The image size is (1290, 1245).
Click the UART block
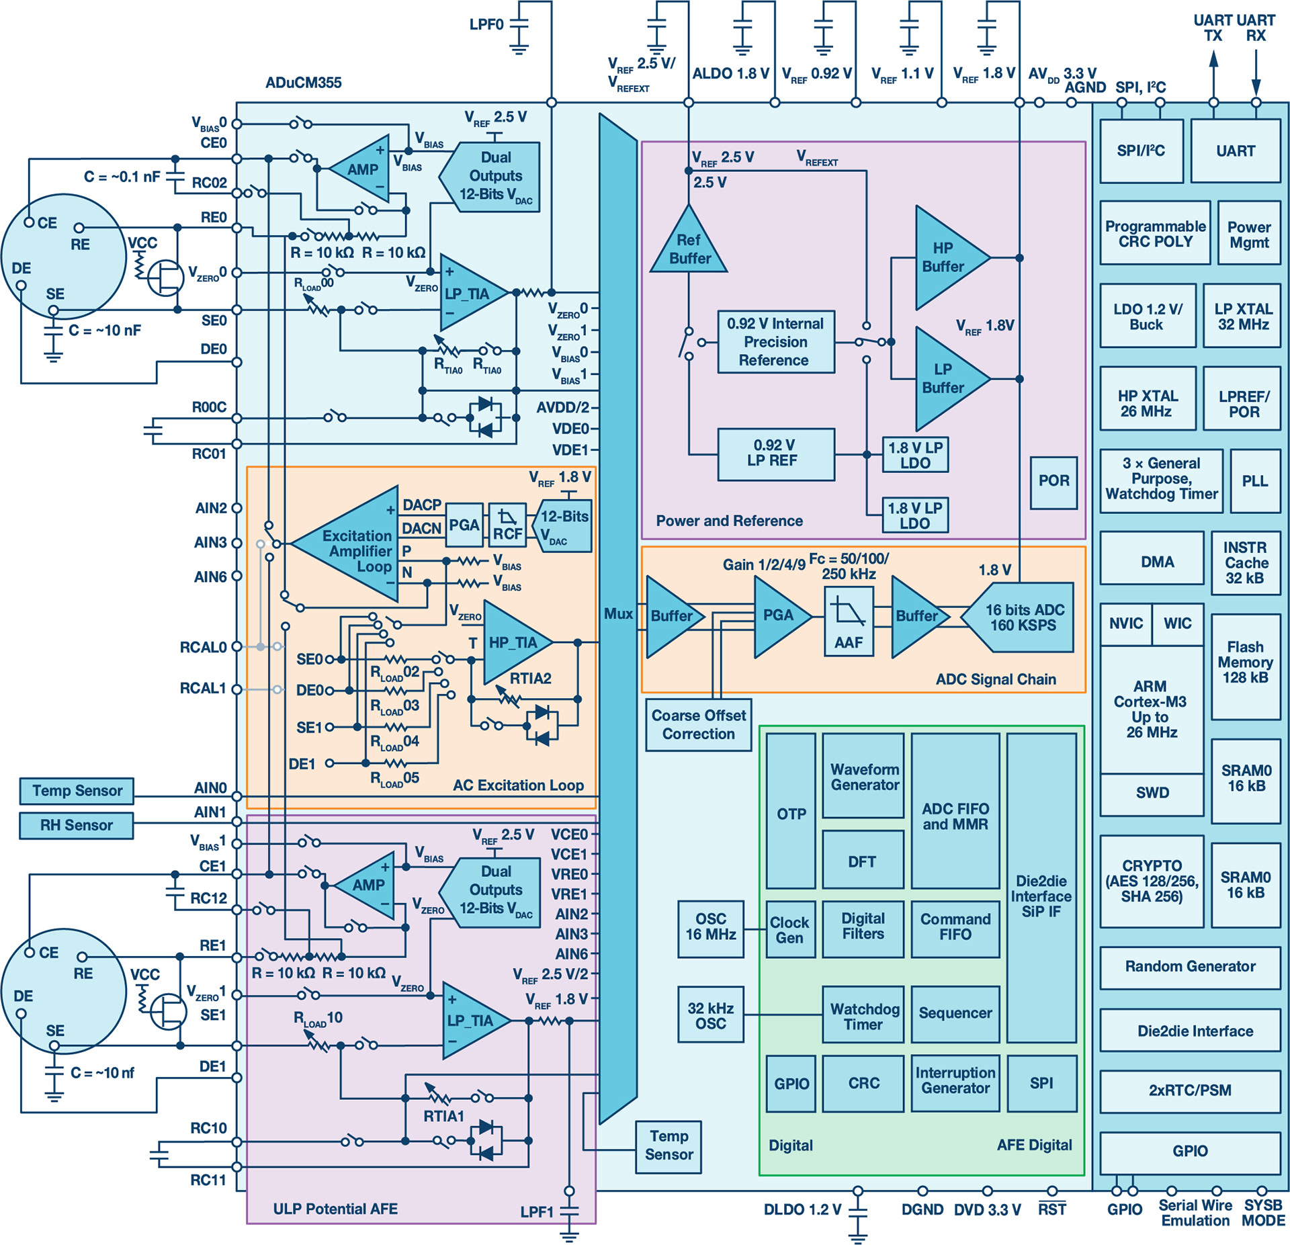click(1235, 151)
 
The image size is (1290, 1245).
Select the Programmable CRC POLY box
click(1155, 233)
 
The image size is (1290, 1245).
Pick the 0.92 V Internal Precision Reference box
click(775, 342)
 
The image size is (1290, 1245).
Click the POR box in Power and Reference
click(1053, 482)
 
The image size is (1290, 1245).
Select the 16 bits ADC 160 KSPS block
click(1022, 617)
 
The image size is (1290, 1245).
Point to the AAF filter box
click(849, 621)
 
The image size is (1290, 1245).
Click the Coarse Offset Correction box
click(698, 725)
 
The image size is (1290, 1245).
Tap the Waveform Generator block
click(863, 777)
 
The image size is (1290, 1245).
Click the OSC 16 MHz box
click(710, 928)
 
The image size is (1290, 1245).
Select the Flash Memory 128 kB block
click(1245, 662)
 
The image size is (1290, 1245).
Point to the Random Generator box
click(1189, 967)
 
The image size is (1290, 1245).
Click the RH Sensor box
click(77, 825)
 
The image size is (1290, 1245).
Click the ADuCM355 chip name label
click(303, 83)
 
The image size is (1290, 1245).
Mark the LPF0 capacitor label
click(486, 25)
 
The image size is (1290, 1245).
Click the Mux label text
click(617, 613)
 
